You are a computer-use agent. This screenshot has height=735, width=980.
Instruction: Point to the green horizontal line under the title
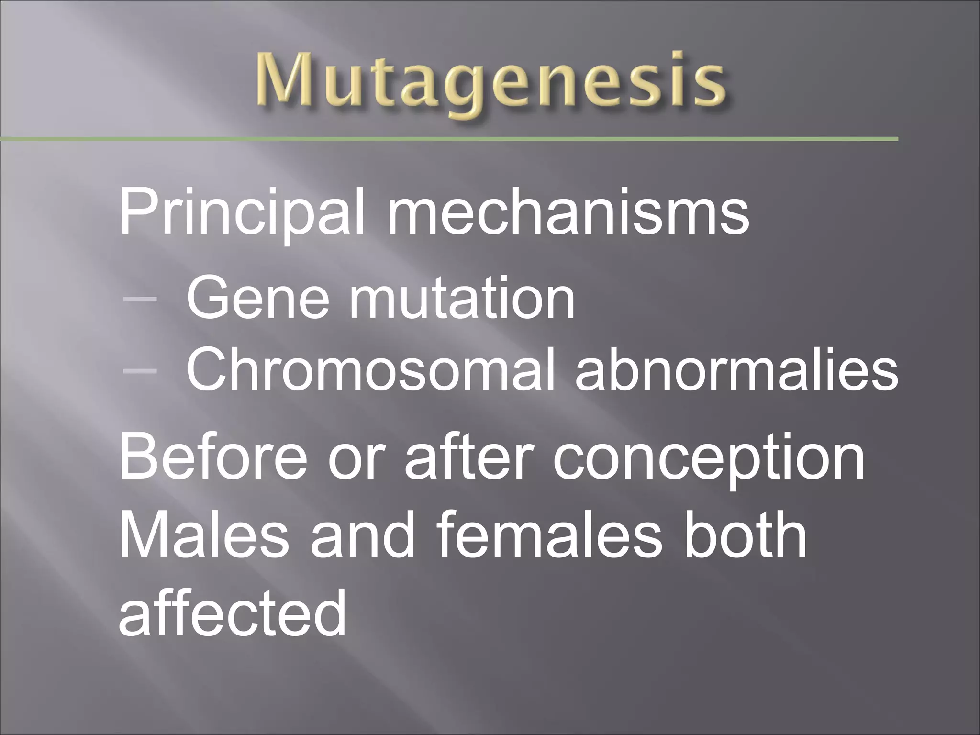coord(450,139)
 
